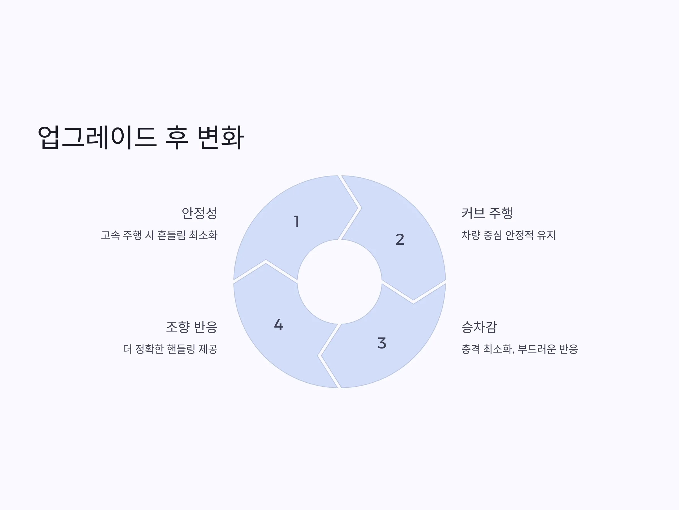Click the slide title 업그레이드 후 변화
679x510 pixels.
tap(141, 137)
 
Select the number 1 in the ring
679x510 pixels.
tap(296, 221)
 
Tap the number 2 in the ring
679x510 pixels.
tap(400, 239)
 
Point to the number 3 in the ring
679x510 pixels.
tap(382, 343)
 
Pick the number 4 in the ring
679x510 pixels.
tap(278, 325)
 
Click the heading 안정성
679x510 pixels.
tap(199, 213)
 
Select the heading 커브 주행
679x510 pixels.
tap(487, 213)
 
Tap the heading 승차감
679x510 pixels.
tap(479, 327)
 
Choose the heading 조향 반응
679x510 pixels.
tap(192, 327)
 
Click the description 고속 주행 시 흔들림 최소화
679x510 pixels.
tap(159, 235)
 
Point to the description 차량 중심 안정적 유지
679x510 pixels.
tap(508, 235)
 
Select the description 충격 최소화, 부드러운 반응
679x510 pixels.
tap(519, 349)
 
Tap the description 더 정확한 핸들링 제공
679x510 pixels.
tap(170, 349)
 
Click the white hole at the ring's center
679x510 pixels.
tap(339, 282)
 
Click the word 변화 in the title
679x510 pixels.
tap(220, 137)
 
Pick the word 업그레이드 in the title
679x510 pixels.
tap(97, 137)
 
